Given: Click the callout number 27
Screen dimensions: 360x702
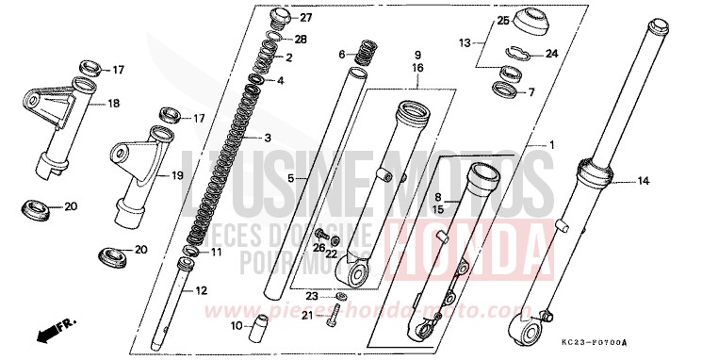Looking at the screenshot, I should pyautogui.click(x=304, y=19).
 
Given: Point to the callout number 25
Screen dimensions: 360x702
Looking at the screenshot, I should pyautogui.click(x=504, y=21).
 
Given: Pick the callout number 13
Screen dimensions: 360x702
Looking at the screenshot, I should pyautogui.click(x=465, y=43).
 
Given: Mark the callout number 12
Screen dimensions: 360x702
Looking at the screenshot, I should pyautogui.click(x=201, y=290).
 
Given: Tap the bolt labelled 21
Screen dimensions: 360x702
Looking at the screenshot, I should pyautogui.click(x=333, y=319).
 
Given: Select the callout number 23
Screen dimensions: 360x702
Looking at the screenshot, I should pyautogui.click(x=311, y=296).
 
